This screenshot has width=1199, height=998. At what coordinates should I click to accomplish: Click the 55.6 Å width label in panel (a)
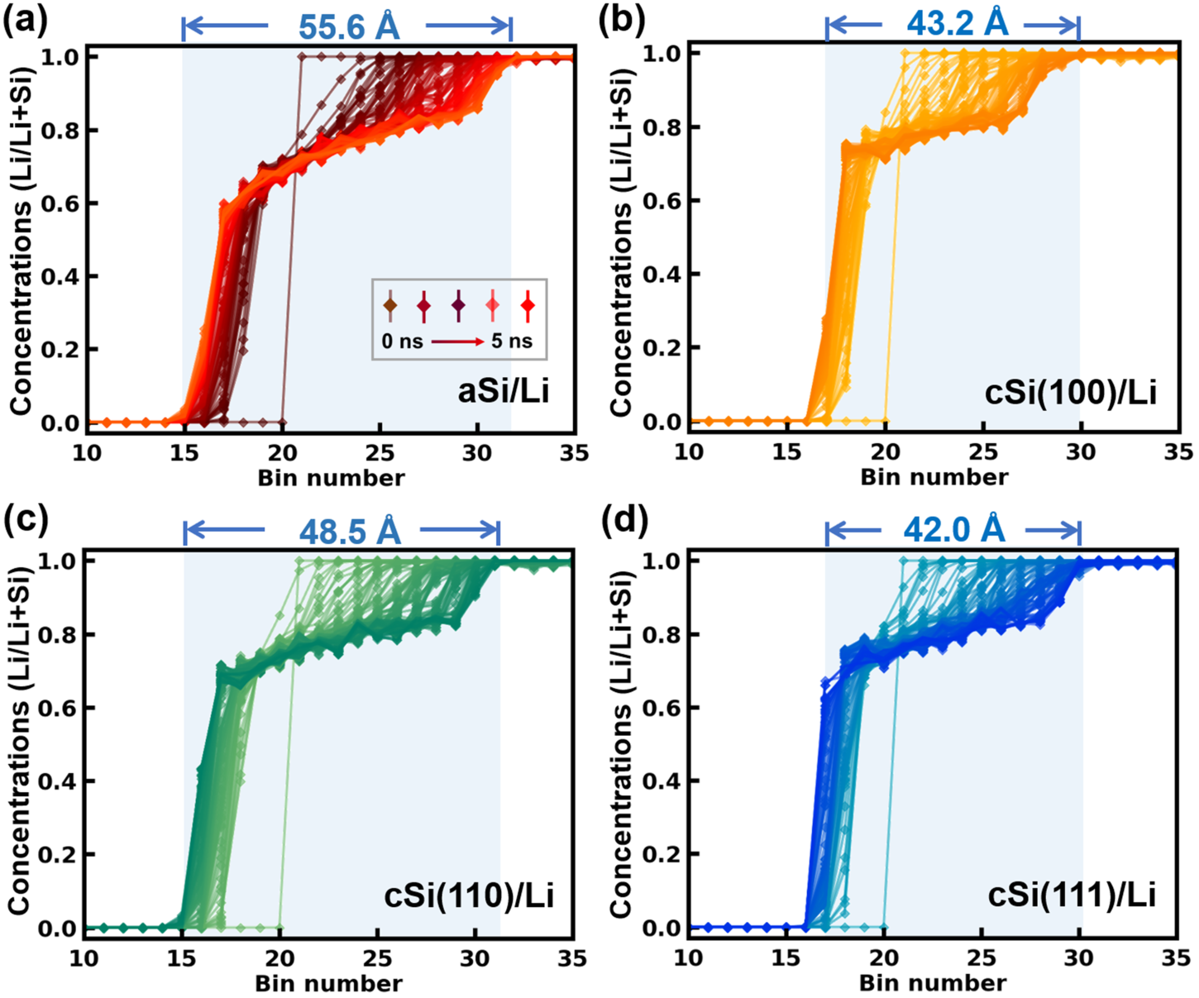348,26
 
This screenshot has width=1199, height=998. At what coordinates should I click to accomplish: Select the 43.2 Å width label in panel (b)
957,23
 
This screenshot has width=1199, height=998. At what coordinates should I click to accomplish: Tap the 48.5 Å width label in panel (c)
349,532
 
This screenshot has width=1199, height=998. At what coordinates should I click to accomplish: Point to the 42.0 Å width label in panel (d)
953,529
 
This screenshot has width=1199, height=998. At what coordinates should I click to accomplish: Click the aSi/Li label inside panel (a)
503,390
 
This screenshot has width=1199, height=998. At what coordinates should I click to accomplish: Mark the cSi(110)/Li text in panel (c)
469,895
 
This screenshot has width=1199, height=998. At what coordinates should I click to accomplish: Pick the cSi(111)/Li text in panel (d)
1072,895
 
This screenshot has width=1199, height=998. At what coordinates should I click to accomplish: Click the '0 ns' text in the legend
401,341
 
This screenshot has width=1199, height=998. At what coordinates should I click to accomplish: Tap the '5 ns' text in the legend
512,341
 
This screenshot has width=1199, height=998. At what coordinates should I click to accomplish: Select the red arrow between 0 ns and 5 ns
456,341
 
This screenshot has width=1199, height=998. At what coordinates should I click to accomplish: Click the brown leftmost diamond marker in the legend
390,305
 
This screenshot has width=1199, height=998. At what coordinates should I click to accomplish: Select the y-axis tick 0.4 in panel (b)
661,274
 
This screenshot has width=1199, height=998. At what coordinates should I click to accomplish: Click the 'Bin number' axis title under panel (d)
933,982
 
